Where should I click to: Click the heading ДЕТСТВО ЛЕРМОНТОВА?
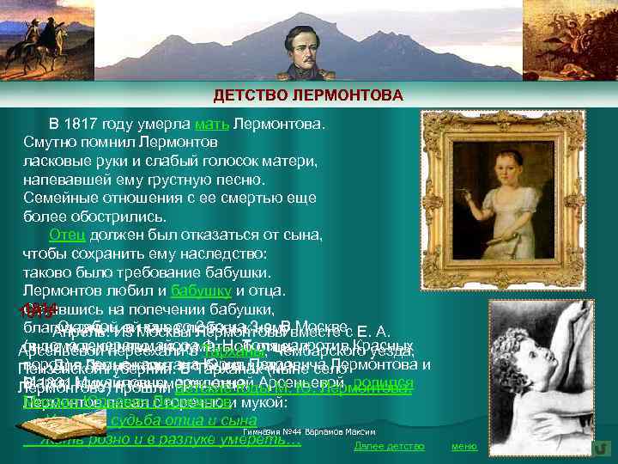coord(307,94)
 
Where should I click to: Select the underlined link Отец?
coord(65,235)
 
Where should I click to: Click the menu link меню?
coord(463,446)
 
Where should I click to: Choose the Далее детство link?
coord(389,446)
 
